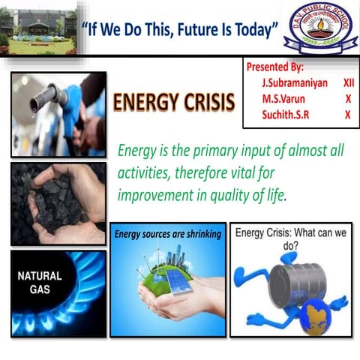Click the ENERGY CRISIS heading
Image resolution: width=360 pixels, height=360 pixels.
[x=174, y=103]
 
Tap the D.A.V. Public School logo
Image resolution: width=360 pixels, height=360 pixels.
[x=319, y=29]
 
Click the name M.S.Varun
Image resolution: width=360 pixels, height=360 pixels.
[x=283, y=98]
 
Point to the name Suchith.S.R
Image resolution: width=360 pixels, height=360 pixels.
[x=288, y=115]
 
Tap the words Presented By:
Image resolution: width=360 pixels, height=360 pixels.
[x=274, y=67]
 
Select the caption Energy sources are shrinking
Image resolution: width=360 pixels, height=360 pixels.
[x=167, y=235]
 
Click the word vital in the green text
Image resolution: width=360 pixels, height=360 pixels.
[x=263, y=172]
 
